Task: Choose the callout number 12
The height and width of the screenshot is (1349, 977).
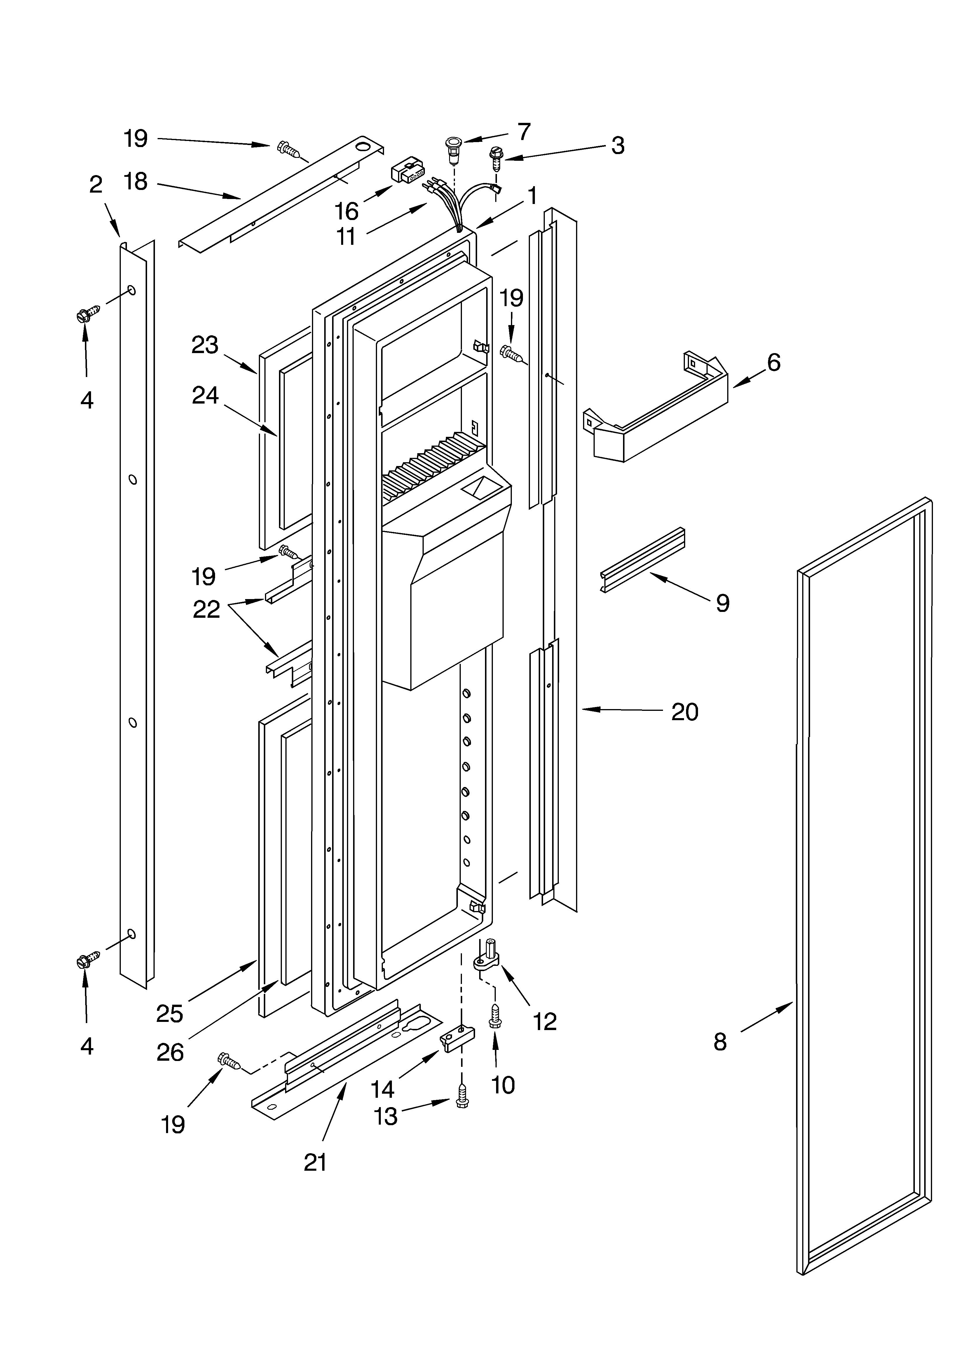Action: click(545, 1021)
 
